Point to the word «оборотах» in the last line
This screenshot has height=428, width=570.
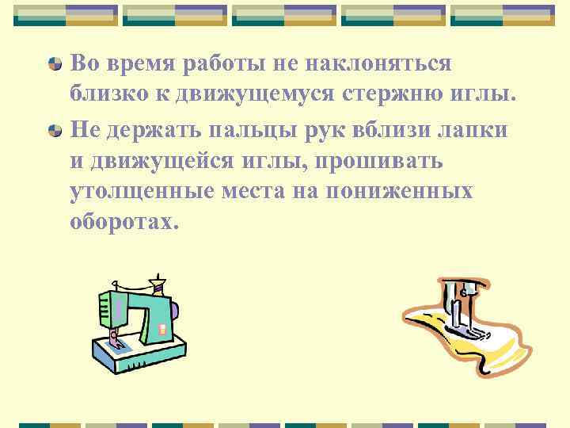coord(119,223)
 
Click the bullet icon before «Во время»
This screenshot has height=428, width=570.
coord(55,63)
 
